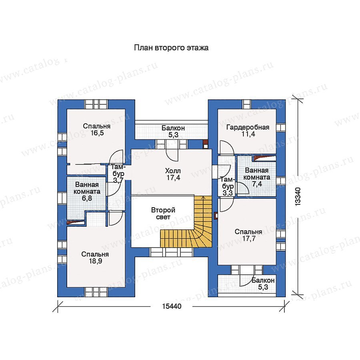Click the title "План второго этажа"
point(171,48)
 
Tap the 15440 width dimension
point(172,306)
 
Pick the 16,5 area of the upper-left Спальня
point(97,133)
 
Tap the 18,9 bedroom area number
point(96,261)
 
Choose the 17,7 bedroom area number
point(249,239)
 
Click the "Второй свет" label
point(163,213)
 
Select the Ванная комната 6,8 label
point(87,192)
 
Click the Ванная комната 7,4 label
point(257,177)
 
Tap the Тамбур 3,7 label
point(118,174)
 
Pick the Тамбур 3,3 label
point(228,186)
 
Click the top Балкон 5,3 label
point(173,131)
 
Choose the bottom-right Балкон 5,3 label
point(263,284)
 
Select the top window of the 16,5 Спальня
point(96,104)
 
